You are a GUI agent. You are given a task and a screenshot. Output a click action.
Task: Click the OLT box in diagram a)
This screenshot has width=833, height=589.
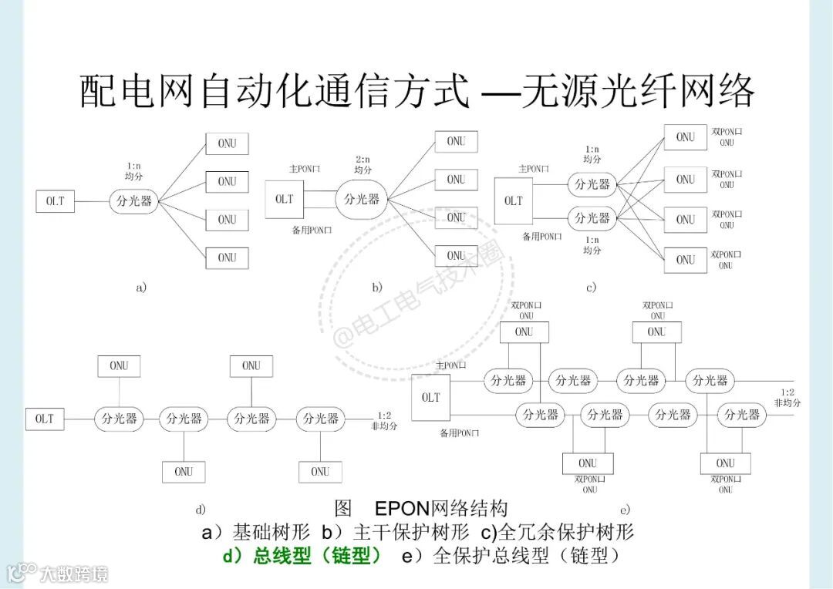pyautogui.click(x=55, y=201)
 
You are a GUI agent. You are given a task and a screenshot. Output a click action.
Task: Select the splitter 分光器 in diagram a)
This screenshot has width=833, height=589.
pyautogui.click(x=135, y=201)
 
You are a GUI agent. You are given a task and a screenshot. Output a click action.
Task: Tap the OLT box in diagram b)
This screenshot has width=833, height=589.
pyautogui.click(x=285, y=199)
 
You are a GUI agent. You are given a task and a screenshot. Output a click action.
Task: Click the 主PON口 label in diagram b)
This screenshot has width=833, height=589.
pyautogui.click(x=305, y=168)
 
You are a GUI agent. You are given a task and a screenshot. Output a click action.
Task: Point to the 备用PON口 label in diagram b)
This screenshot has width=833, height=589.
pyautogui.click(x=312, y=230)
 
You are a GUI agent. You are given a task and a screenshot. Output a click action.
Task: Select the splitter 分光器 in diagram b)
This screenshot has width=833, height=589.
pyautogui.click(x=362, y=199)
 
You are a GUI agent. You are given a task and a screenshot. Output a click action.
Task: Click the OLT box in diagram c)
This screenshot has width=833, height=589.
pyautogui.click(x=514, y=200)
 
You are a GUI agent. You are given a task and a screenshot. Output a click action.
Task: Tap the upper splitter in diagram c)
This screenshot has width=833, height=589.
pyautogui.click(x=592, y=184)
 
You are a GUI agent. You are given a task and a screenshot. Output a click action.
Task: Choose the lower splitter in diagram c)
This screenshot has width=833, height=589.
pyautogui.click(x=592, y=217)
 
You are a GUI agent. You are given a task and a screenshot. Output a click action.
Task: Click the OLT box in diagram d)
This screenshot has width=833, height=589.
pyautogui.click(x=45, y=419)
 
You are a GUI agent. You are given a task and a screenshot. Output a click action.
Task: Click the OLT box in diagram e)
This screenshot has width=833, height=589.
pyautogui.click(x=431, y=397)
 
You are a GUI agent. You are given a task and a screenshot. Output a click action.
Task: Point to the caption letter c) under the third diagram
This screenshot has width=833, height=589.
pyautogui.click(x=591, y=288)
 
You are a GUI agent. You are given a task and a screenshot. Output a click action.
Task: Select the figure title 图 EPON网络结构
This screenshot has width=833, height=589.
pyautogui.click(x=421, y=508)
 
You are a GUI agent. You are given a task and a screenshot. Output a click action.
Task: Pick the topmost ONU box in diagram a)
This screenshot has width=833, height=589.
pyautogui.click(x=227, y=143)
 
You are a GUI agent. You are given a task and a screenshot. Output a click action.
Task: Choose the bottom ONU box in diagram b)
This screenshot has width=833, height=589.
pyautogui.click(x=456, y=255)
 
